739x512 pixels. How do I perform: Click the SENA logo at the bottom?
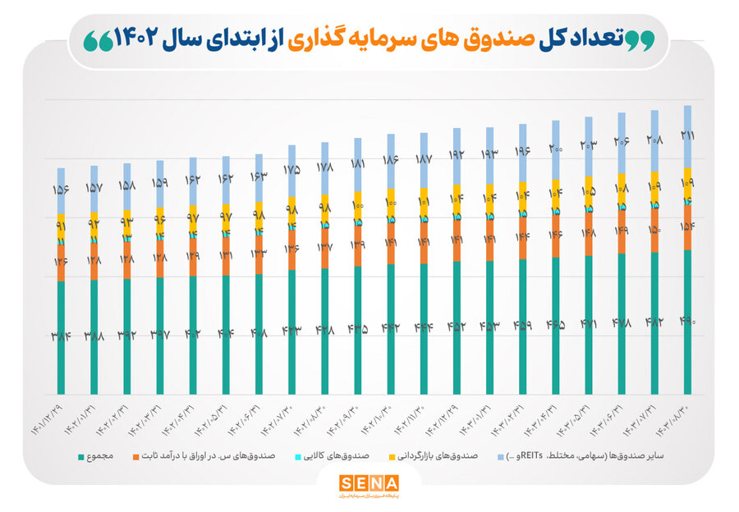point(369,484)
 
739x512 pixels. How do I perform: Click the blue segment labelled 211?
point(687,135)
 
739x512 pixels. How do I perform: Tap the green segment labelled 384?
point(61,337)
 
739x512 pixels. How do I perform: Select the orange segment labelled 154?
point(687,226)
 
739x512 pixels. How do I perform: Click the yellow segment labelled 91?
point(61,226)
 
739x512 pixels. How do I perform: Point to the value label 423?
point(291,329)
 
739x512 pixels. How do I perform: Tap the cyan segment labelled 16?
point(687,202)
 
